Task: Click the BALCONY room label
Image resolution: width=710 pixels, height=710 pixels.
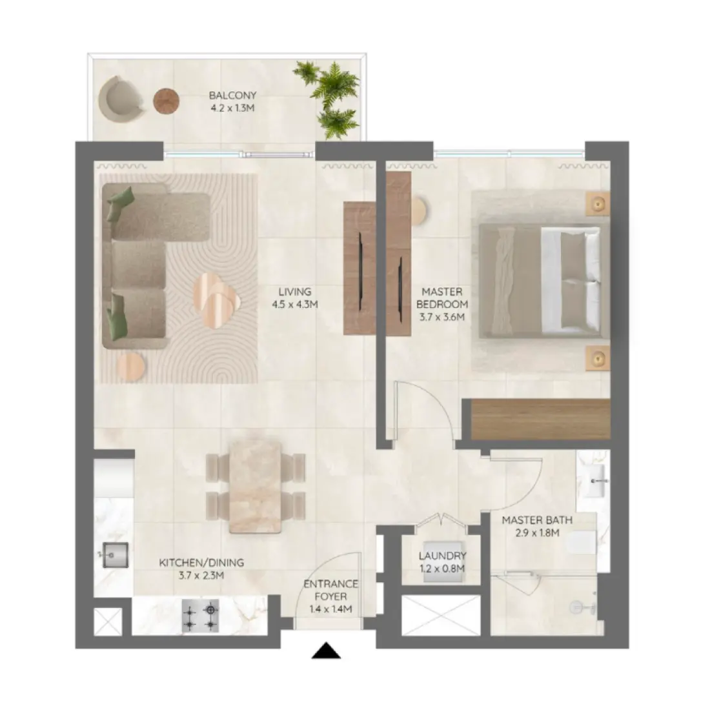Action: pos(232,96)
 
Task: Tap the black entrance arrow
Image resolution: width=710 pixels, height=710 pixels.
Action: pos(326,651)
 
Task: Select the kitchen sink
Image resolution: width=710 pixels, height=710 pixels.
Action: pos(114,554)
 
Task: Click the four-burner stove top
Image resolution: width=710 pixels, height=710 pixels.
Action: pos(200,616)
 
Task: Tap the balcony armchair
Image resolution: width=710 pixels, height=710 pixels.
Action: pos(121,98)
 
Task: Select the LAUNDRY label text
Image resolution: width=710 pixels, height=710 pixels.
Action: pos(442,556)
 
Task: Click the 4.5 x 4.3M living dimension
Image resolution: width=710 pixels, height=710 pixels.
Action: pos(296,303)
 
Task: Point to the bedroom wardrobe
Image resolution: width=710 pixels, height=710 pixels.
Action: pos(541,420)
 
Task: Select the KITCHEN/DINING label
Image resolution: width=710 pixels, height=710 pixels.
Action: pos(201,563)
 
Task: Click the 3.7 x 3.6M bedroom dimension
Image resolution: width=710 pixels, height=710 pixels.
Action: pos(442,316)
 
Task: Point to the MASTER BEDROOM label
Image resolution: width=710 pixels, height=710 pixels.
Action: pos(442,298)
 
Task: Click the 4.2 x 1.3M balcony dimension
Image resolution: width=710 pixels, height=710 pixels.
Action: pos(232,108)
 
